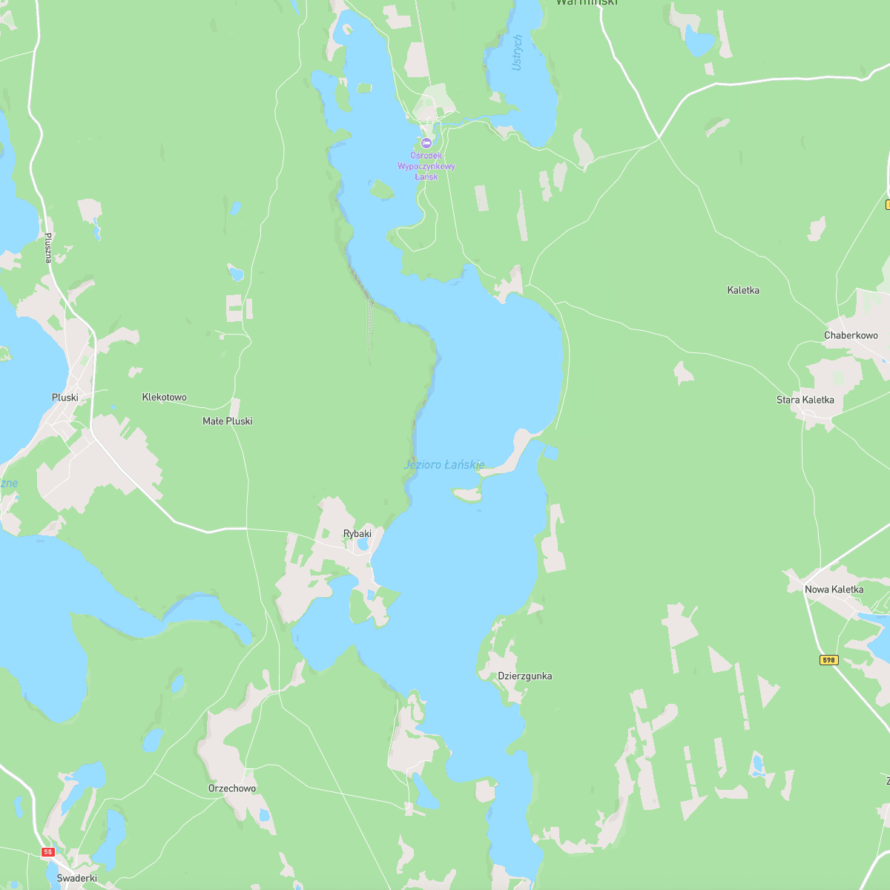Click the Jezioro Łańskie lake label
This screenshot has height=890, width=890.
444,465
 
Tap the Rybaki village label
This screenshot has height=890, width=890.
357,534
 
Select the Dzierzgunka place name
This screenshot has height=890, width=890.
525,676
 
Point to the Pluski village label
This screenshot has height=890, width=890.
65,398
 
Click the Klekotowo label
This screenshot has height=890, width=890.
165,398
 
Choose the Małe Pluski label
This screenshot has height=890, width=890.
228,421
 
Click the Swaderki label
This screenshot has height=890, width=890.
77,878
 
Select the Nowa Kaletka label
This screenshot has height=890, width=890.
834,590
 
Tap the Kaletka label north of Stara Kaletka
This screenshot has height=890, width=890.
743,291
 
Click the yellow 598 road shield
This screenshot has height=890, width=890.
829,660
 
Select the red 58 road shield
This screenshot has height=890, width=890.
48,852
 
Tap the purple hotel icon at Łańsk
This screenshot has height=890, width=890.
426,142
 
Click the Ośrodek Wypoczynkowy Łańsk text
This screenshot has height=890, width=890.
426,166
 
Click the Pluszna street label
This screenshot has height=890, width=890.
48,248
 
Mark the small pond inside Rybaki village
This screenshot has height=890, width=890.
363,545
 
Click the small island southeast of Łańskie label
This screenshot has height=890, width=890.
467,493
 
